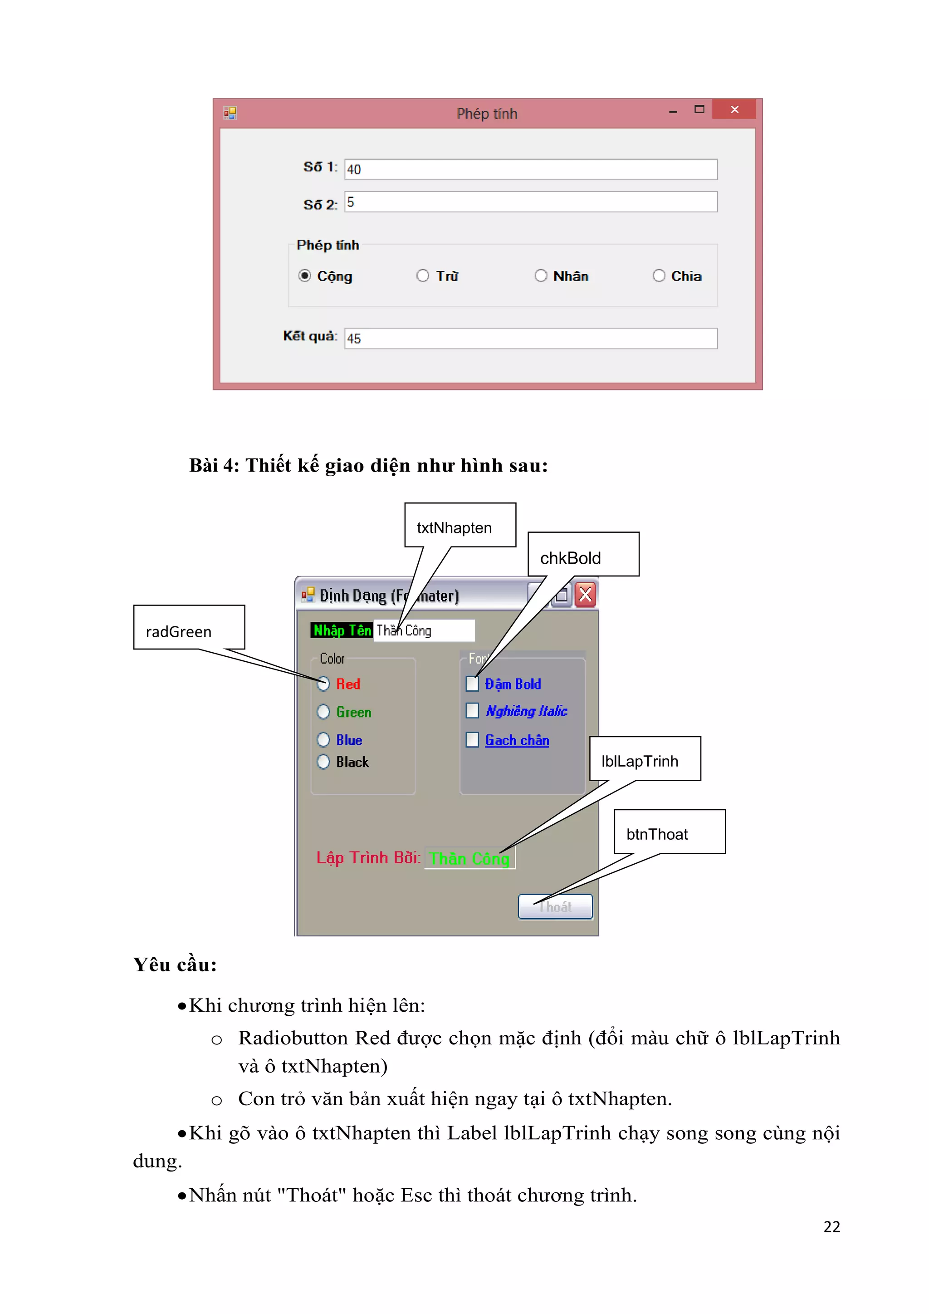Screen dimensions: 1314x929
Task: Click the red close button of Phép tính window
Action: point(734,109)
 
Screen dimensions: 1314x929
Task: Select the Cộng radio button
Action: point(305,276)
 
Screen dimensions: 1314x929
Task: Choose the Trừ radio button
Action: point(423,276)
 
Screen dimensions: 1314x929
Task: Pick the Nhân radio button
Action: point(541,276)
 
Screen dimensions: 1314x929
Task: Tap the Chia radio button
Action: point(659,276)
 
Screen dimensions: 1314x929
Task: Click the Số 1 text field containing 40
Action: point(530,169)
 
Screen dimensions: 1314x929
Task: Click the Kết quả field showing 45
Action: point(530,338)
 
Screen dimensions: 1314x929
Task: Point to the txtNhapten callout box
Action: point(460,525)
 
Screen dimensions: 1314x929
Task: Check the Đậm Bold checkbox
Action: point(472,684)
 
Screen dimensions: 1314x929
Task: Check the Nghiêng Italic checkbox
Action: point(472,711)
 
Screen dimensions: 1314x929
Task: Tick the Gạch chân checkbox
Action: point(472,740)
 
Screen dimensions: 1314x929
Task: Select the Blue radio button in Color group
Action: point(323,740)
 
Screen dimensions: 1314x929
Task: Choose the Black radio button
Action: point(323,762)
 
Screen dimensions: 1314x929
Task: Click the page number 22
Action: point(831,1226)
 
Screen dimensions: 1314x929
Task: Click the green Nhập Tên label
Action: point(342,630)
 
